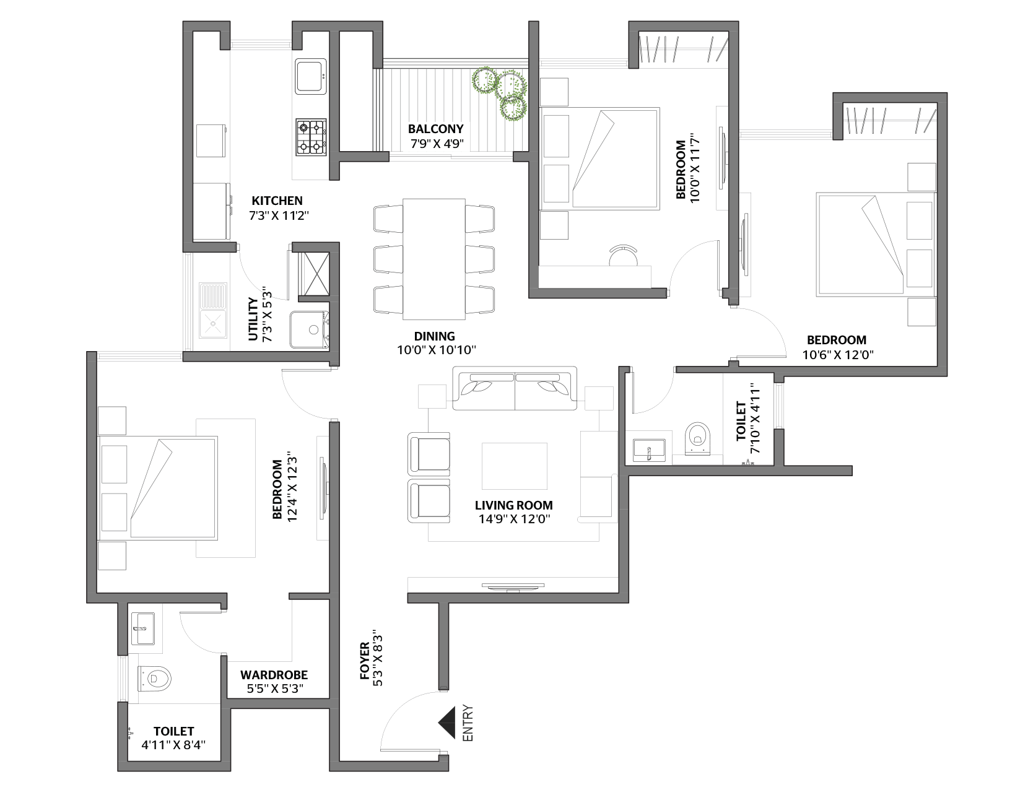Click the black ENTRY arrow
448,723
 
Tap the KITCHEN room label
277,201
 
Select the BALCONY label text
436,129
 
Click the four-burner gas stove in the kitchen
311,137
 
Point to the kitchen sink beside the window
311,76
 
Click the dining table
434,259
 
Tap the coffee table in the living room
514,466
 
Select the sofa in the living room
515,388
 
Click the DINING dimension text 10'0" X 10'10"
436,350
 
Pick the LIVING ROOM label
514,505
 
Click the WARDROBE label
274,675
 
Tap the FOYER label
365,661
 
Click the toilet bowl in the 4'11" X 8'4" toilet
154,679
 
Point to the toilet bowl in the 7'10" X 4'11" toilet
698,438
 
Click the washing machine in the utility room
310,329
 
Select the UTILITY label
253,319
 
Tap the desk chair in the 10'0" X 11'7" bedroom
623,256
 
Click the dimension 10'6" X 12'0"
838,354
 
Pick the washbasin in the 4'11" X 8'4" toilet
142,628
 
